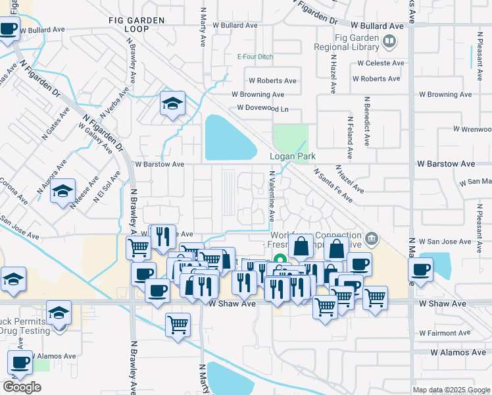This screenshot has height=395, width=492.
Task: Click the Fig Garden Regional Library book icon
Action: pos(390,41)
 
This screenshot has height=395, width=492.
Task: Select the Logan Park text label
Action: pos(293,156)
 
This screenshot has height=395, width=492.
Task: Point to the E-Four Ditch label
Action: pos(255,57)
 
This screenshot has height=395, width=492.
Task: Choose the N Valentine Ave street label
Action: pos(271,196)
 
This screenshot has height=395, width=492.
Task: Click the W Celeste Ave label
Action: pos(380,63)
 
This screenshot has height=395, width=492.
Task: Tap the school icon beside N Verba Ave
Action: pos(172,103)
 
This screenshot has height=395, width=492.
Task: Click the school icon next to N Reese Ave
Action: pos(63,192)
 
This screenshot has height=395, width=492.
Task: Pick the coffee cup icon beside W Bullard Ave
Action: pos(9,30)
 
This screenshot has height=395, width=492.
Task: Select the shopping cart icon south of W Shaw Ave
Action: pos(178,324)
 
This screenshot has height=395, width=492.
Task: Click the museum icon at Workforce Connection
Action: pos(372,238)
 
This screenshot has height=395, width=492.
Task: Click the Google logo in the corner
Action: pos(22,387)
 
